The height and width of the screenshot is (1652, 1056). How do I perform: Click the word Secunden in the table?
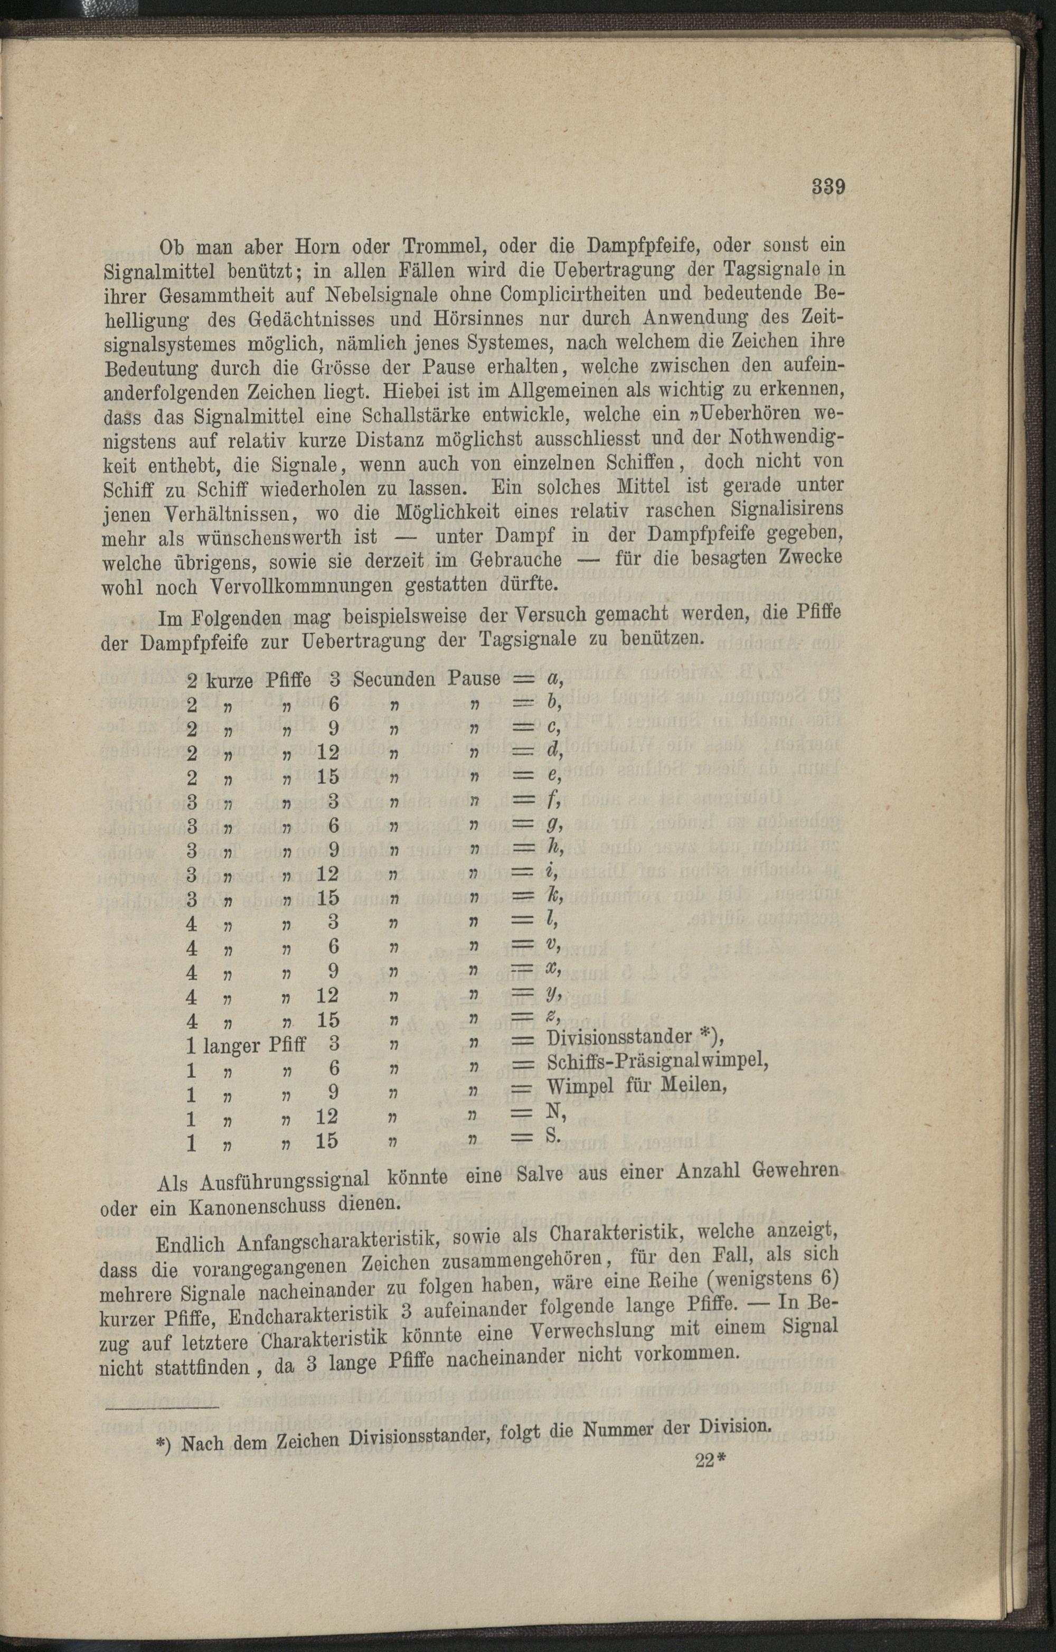[394, 679]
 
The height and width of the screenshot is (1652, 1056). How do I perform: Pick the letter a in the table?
[553, 679]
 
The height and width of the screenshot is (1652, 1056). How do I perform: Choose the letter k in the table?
[553, 897]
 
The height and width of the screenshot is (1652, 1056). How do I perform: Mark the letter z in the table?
[553, 1019]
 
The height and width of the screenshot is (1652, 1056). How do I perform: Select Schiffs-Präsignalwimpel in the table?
[657, 1067]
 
